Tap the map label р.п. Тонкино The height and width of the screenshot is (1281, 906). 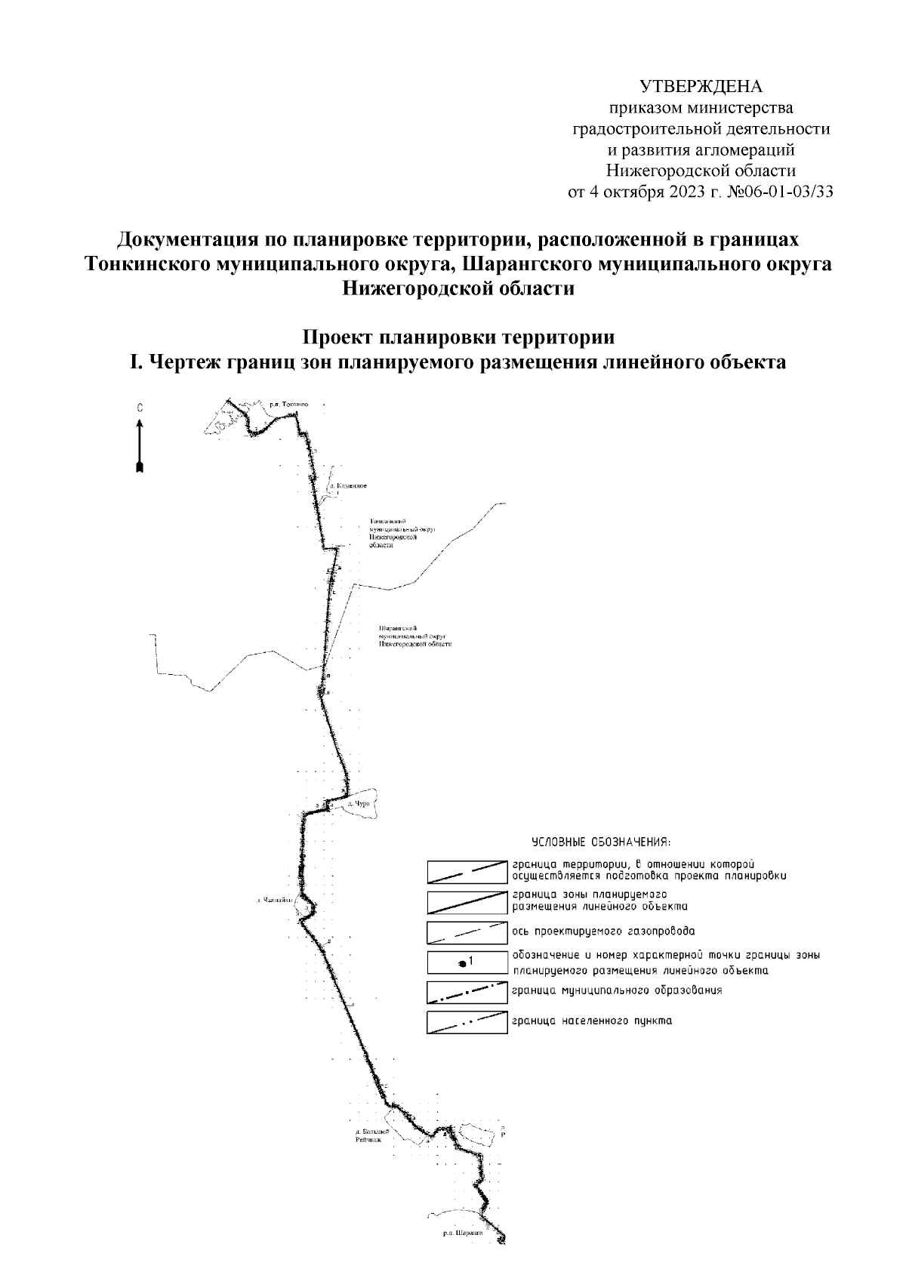[x=289, y=405]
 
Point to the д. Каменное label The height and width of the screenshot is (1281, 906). [x=348, y=485]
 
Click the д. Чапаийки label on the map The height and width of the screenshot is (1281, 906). [x=274, y=900]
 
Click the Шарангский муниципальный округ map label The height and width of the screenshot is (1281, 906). [x=414, y=636]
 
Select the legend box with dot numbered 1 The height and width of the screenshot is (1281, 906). [x=467, y=962]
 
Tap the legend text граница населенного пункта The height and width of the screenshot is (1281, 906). [x=591, y=1021]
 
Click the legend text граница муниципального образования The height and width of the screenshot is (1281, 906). [x=617, y=990]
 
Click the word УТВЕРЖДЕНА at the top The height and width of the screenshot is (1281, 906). [x=701, y=85]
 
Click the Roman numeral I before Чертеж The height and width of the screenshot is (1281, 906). [x=135, y=362]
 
